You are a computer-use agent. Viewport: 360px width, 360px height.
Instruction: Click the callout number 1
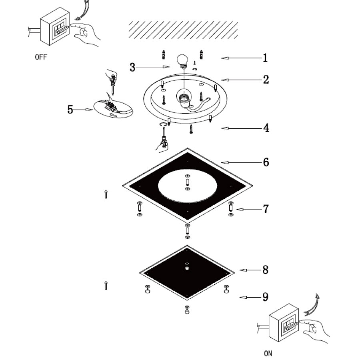(265, 58)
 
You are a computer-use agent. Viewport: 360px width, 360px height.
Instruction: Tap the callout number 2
(266, 80)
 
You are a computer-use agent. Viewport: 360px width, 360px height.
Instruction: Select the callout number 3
(132, 67)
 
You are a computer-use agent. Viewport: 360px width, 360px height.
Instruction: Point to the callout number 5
(70, 110)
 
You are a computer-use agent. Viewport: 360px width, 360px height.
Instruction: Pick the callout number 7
(266, 209)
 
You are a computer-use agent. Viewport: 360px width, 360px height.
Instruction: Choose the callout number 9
(265, 297)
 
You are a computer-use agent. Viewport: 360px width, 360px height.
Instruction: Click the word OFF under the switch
(41, 57)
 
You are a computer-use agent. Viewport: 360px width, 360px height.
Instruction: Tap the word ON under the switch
(268, 353)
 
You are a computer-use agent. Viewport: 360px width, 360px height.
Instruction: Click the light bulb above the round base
(182, 61)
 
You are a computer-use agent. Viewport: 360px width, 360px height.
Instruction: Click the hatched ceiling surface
(183, 30)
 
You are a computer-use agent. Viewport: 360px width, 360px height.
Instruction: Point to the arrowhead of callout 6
(225, 162)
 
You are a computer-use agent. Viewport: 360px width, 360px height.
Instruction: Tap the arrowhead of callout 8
(243, 270)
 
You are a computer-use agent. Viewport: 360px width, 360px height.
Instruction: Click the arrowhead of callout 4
(225, 128)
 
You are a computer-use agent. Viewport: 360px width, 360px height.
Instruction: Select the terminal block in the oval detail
(110, 106)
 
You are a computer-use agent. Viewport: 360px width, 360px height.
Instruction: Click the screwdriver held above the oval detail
(112, 83)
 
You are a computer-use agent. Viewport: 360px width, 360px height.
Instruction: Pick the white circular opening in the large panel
(188, 186)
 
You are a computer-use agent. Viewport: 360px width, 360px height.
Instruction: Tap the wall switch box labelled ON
(284, 322)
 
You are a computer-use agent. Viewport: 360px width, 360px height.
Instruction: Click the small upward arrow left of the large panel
(106, 194)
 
